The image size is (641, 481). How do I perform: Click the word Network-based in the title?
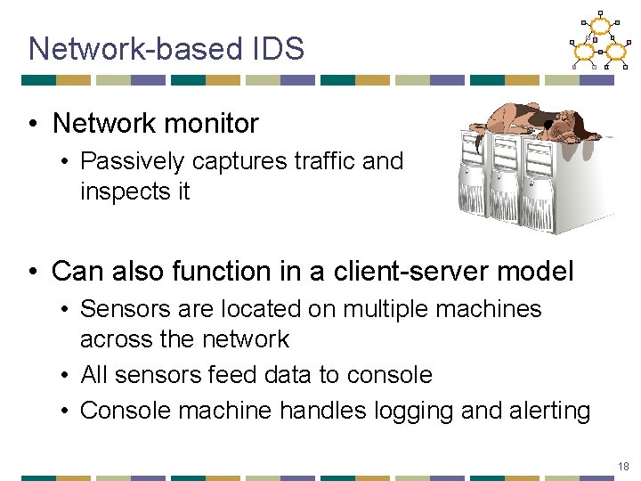(134, 49)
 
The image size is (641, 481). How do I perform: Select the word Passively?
(132, 161)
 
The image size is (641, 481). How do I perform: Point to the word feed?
(231, 375)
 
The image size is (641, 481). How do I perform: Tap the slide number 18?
(623, 466)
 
